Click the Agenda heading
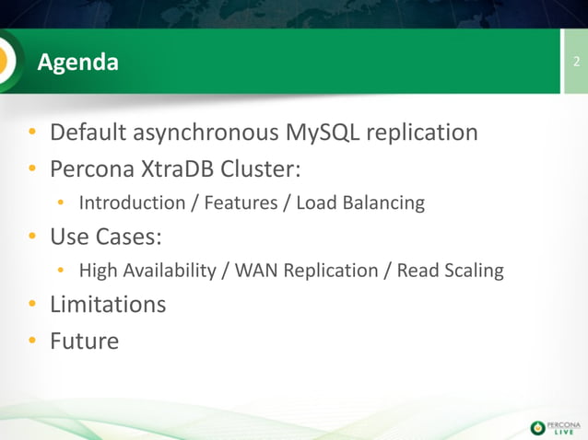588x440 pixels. (77, 63)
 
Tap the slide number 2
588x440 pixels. (576, 63)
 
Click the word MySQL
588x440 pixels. (323, 133)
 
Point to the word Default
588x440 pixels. (88, 133)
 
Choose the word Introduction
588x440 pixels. (132, 203)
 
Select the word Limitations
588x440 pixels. (108, 304)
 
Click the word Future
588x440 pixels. (84, 342)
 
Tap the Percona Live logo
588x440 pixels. (556, 427)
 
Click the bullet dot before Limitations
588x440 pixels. (32, 305)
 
